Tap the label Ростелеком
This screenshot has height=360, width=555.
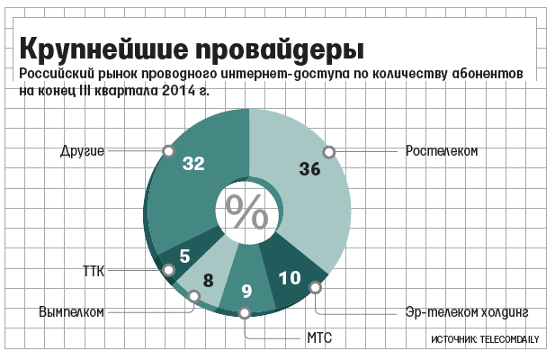440,150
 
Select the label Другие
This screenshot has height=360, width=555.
84,150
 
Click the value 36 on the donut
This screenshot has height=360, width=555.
309,168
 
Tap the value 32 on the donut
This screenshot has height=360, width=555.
193,163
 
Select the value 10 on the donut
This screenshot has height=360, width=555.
289,278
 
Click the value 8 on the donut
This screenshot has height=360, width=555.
208,279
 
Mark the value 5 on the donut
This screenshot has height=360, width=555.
184,256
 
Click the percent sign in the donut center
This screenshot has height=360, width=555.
246,212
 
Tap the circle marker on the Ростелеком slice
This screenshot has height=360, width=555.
329,151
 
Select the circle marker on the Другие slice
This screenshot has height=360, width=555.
166,150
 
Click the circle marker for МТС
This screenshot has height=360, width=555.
245,313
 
